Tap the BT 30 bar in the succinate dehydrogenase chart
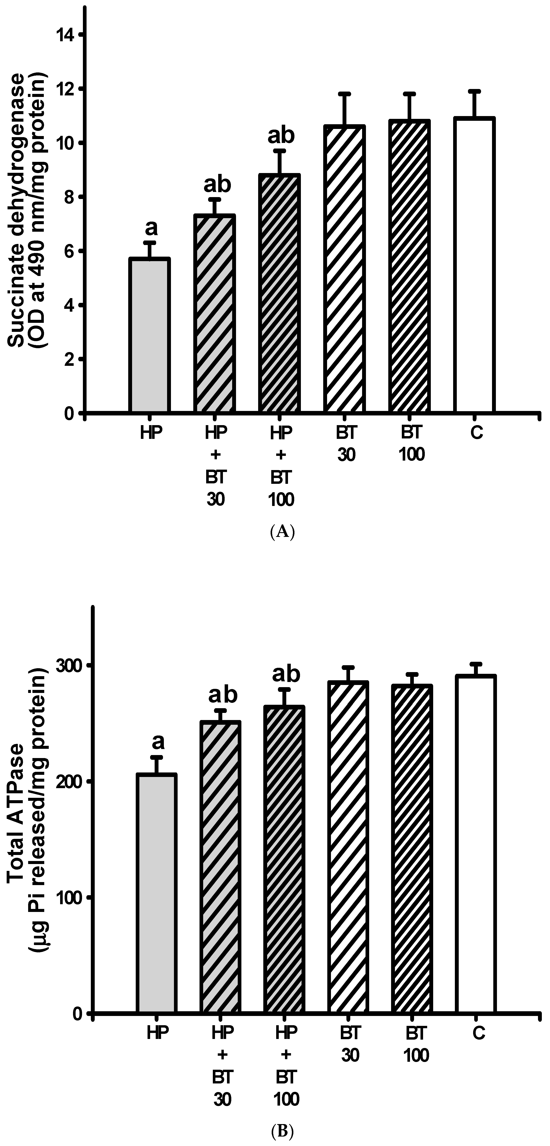345,269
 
